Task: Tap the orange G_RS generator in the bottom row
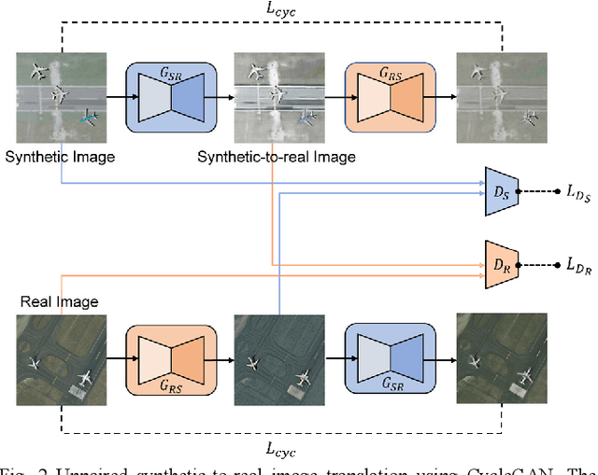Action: tap(171, 358)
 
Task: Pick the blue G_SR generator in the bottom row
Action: tap(389, 358)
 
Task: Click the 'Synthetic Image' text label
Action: tap(60, 157)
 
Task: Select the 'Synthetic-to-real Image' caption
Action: tap(276, 157)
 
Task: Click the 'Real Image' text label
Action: tap(59, 301)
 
